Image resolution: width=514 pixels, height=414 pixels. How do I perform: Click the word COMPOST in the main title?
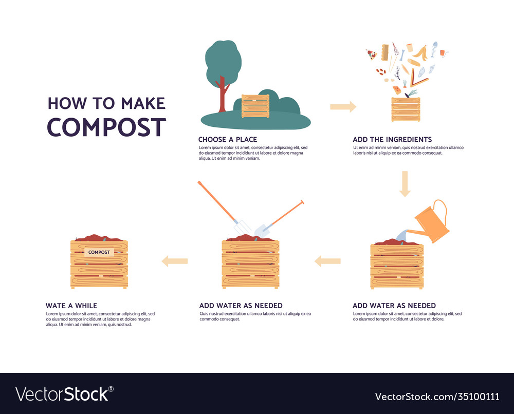coord(106,127)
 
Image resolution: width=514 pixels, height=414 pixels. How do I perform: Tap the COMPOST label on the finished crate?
coord(99,252)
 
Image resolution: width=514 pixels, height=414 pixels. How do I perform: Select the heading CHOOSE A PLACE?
coord(228,139)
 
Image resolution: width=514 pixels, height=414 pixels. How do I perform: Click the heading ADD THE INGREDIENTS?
coord(392,139)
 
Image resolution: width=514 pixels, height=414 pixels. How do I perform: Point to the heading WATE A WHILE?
coord(71,306)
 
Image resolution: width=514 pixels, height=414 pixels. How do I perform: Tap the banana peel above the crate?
coord(420,52)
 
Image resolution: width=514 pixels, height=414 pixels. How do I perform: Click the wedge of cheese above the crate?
coord(397,90)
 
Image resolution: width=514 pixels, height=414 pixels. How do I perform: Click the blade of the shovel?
coord(261,229)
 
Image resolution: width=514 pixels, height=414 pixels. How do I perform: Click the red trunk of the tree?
coord(223,95)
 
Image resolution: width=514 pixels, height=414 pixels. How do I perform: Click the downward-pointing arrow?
coord(405,184)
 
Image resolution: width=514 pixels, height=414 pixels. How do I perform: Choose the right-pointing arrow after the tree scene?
coord(343,107)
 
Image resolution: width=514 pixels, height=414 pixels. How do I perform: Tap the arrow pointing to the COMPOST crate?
coord(175,261)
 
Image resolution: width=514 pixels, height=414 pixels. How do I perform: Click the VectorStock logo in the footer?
coord(64,394)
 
